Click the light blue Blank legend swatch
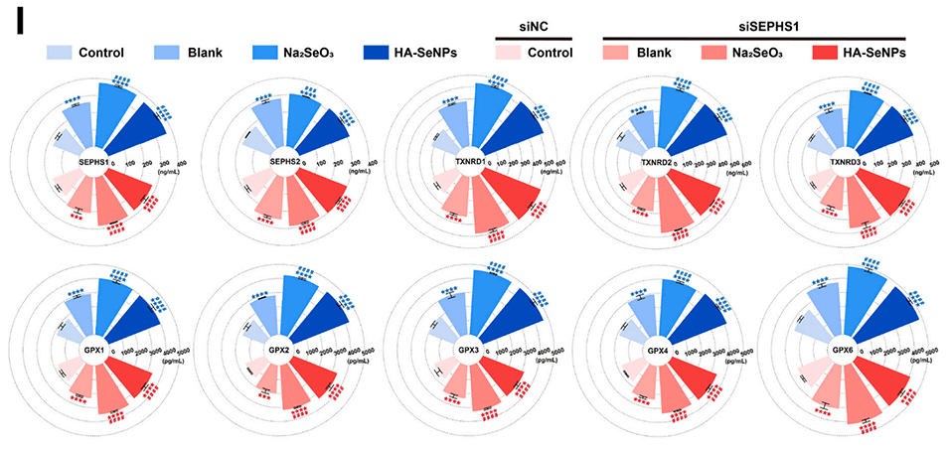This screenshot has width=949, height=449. coord(169,52)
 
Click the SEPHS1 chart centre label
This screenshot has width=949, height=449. coord(91,162)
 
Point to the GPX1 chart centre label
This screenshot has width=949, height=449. coord(92,352)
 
